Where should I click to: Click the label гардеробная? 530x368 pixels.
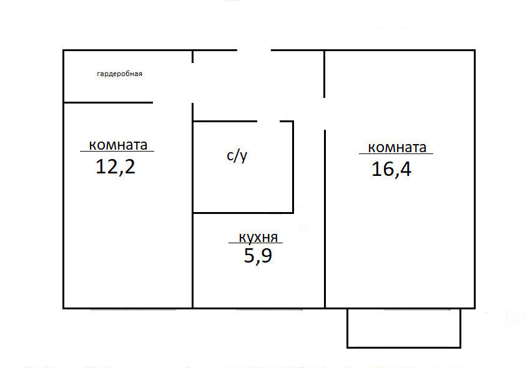pos(119,74)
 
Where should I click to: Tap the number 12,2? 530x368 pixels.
pos(115,167)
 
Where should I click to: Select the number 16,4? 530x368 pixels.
pos(391,169)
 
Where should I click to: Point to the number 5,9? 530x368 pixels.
pos(258,256)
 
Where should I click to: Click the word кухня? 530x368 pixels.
pos(258,238)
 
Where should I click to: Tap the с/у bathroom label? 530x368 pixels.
pos(237,156)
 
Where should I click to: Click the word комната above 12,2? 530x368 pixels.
pos(118,145)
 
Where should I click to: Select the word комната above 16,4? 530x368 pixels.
pos(397,148)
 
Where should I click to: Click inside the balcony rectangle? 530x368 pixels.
pos(404,327)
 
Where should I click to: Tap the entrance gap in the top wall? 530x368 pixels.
pos(254,51)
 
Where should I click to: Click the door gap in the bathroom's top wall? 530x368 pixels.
pos(268,121)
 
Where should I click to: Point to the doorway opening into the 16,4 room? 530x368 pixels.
pos(325,114)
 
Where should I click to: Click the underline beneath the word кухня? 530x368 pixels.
pos(255,243)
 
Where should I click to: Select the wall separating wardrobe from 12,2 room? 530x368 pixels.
pos(108,102)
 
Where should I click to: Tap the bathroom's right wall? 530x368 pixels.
pos(293,167)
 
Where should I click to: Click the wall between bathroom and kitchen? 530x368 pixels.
pos(243,213)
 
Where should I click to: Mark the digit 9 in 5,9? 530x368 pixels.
pos(266,255)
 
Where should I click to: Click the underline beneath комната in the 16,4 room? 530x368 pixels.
pos(396,153)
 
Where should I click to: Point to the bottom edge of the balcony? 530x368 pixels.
pos(404,347)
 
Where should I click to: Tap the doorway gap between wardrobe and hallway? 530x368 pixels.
pos(193,83)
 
